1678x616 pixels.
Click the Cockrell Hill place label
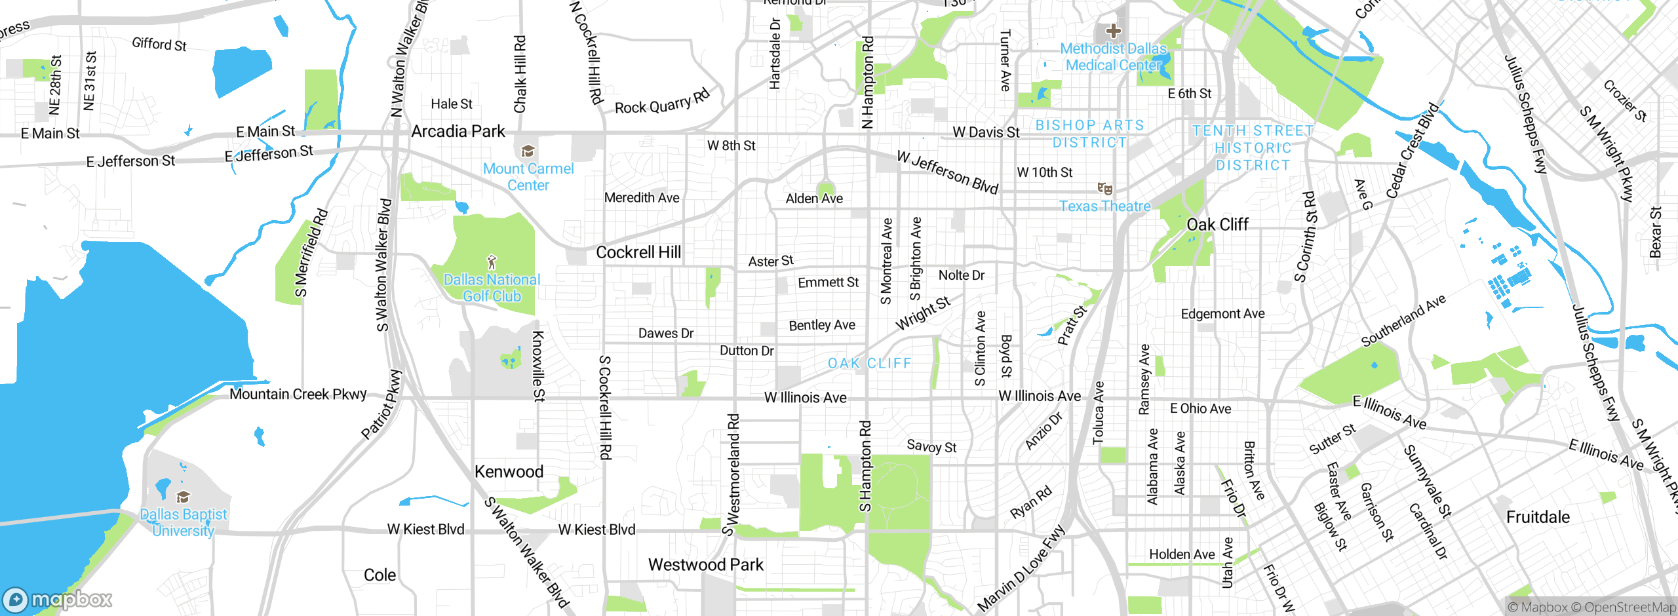638,252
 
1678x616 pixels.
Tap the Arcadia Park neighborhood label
458,131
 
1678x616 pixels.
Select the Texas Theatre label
1104,206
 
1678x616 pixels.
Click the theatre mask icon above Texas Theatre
1105,189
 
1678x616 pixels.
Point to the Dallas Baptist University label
184,522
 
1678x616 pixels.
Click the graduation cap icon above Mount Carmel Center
528,152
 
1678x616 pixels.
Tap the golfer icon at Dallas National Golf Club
492,263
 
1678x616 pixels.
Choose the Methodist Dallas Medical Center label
1114,57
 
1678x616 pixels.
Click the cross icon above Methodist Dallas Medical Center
1113,30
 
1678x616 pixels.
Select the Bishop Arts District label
1089,134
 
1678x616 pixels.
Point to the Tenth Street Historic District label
1253,148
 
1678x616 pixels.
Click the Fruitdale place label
1538,517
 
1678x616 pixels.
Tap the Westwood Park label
706,565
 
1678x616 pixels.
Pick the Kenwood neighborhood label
509,472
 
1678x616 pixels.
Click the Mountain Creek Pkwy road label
298,395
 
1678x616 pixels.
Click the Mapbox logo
58,600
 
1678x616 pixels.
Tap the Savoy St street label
931,447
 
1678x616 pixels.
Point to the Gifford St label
159,44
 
